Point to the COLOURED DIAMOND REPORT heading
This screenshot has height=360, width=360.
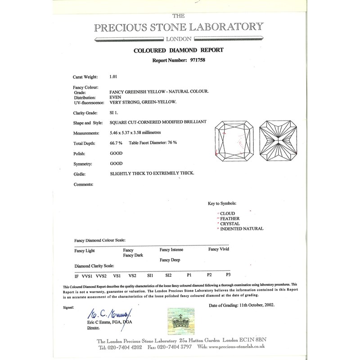click(x=179, y=50)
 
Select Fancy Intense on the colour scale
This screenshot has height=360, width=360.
click(x=171, y=249)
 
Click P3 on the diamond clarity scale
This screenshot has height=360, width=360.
click(x=229, y=274)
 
